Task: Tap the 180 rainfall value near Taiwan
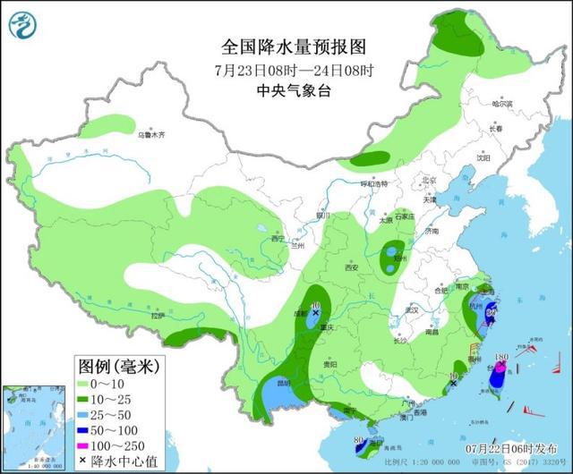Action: click(x=502, y=358)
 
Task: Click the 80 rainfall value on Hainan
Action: click(x=358, y=440)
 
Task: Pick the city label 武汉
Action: click(x=413, y=309)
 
